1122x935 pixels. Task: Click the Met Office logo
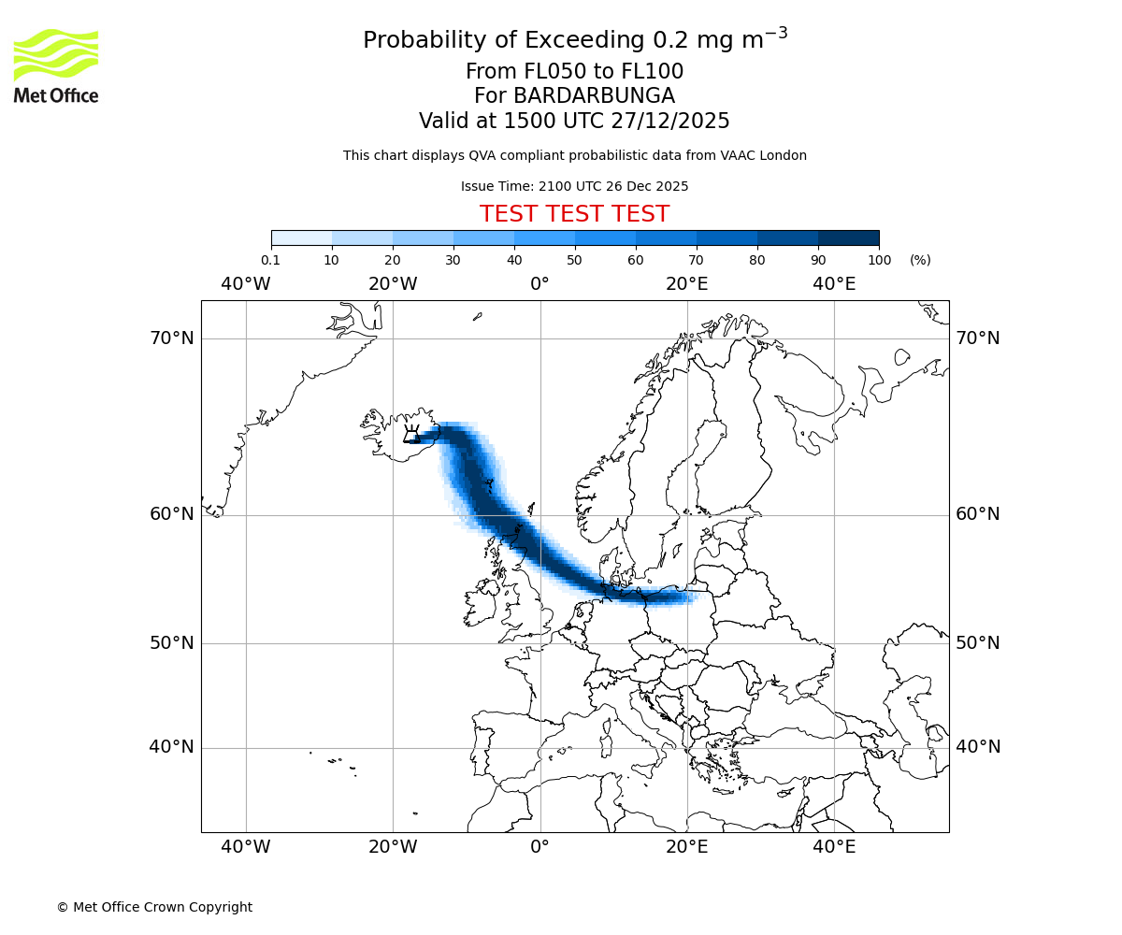point(56,65)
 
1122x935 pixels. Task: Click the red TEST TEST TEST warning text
point(574,214)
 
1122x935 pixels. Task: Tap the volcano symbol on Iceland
point(411,435)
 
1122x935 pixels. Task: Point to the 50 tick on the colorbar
point(575,260)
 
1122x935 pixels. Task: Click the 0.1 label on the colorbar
point(270,260)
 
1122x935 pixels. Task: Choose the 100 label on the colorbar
point(879,260)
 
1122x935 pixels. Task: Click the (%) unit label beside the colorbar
point(920,260)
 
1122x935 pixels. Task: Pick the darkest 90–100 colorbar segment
point(848,237)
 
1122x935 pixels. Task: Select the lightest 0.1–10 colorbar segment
point(301,237)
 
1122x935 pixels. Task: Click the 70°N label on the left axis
point(172,338)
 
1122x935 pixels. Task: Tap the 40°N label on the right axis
point(978,747)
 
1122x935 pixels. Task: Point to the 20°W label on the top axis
point(393,283)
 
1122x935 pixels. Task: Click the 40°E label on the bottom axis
point(834,847)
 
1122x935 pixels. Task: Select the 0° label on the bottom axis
point(539,847)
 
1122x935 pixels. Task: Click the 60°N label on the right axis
point(978,514)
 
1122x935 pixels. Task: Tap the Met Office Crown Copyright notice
point(154,907)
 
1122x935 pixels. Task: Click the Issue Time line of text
point(574,186)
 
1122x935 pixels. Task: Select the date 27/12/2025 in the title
point(670,122)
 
